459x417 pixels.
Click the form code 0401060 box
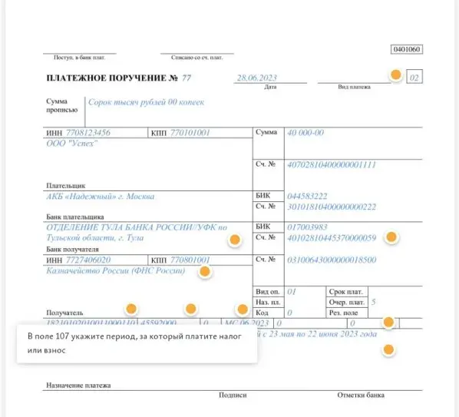[406, 49]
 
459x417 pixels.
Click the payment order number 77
[186, 78]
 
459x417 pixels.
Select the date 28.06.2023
[257, 78]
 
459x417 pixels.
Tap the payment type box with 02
[414, 78]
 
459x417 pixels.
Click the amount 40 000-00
[305, 133]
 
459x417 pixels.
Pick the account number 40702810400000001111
[331, 164]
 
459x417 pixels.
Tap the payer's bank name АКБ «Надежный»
[101, 196]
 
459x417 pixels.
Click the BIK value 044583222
[306, 196]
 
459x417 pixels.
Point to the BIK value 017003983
[306, 227]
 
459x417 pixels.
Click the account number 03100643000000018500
[331, 260]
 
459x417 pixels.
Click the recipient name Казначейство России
[116, 270]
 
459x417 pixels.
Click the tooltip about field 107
[137, 343]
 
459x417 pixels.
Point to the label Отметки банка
[361, 395]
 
